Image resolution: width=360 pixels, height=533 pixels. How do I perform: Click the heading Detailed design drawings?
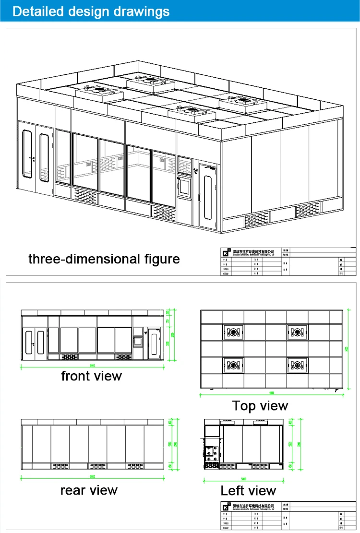pyautogui.click(x=91, y=11)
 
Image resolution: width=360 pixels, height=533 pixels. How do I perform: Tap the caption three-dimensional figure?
pyautogui.click(x=104, y=259)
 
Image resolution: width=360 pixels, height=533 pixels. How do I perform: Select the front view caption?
pyautogui.click(x=91, y=376)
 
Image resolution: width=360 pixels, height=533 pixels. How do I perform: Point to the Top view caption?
pyautogui.click(x=260, y=406)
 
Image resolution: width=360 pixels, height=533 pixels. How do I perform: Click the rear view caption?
pyautogui.click(x=89, y=490)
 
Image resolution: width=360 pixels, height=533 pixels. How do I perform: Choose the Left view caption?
pyautogui.click(x=248, y=491)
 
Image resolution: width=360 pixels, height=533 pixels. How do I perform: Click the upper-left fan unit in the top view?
pyautogui.click(x=233, y=332)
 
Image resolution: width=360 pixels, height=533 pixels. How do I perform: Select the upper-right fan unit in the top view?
pyautogui.click(x=297, y=332)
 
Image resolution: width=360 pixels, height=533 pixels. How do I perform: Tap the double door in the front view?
pyautogui.click(x=34, y=342)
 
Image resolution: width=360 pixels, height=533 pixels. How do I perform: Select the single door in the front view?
pyautogui.click(x=154, y=342)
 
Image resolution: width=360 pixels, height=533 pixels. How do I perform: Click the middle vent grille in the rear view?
pyautogui.click(x=97, y=466)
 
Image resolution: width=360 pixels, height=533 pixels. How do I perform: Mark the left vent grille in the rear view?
pyautogui.click(x=60, y=466)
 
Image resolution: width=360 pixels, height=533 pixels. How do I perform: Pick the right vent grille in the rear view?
pyautogui.click(x=135, y=466)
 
